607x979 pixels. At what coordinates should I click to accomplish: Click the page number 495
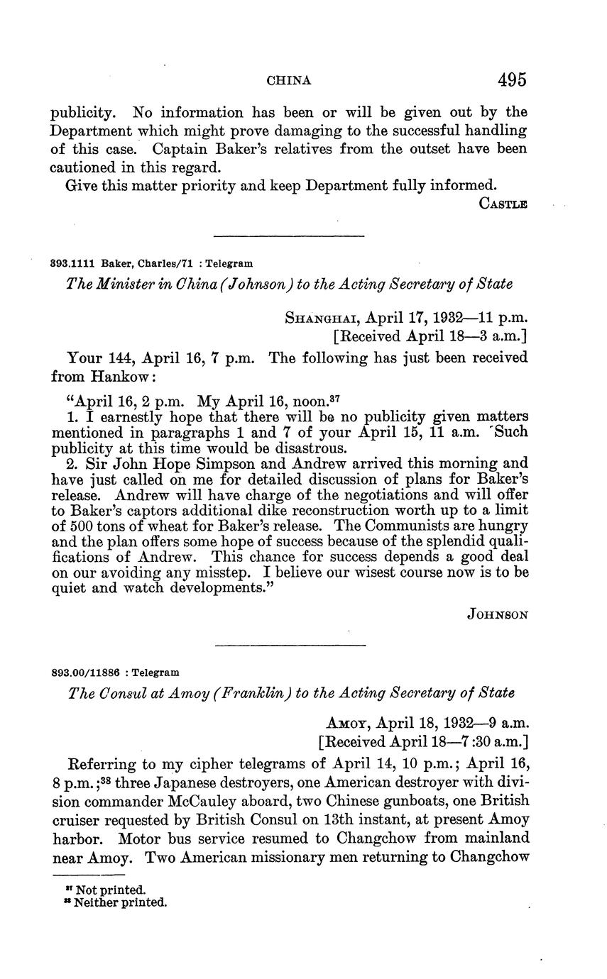tap(512, 80)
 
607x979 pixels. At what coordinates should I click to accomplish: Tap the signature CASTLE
tap(503, 204)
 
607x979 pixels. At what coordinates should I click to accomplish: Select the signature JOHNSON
tap(498, 615)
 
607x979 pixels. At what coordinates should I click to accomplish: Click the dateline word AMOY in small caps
tap(347, 724)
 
